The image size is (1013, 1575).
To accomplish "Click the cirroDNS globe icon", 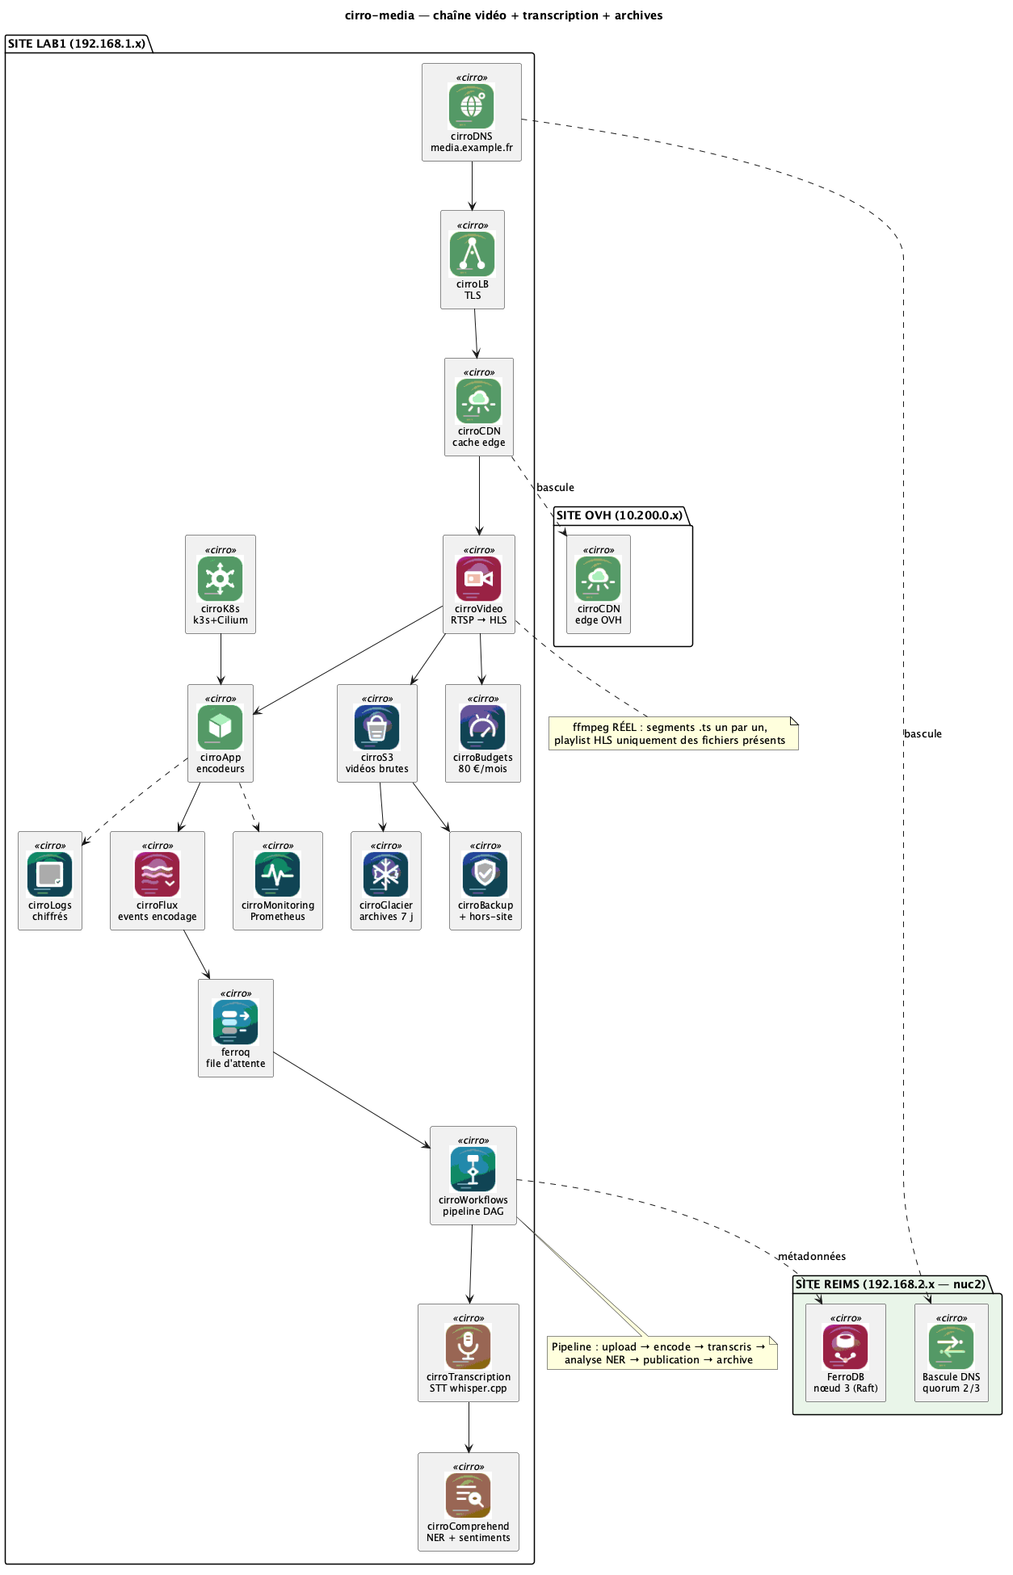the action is pos(472,106).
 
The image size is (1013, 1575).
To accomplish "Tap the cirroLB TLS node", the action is pos(473,259).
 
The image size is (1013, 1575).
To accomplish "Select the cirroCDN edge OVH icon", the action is pos(599,578).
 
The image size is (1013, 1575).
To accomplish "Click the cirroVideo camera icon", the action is pos(479,578).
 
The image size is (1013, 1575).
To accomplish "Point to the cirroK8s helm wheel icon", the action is pos(221,578).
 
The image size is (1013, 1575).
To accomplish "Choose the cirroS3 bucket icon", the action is pos(377,727).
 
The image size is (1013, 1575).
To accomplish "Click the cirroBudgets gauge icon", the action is pos(483,727).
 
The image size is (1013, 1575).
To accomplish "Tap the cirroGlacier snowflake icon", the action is pos(386,875).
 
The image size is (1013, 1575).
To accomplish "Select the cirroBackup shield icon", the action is pos(485,875).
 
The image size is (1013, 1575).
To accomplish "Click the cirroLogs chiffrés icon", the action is pos(50,875).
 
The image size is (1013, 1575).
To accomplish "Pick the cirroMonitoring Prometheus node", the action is pos(278,880).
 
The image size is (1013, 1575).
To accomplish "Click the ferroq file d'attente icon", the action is pos(236,1022).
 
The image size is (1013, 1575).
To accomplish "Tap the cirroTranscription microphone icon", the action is pos(469,1346).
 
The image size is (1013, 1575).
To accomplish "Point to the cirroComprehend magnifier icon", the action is pos(469,1495).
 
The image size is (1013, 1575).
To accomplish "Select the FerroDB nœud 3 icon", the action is pos(846,1346).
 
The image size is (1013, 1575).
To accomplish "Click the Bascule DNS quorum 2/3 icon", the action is pos(952,1346).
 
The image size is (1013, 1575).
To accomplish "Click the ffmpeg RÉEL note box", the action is pos(674,733).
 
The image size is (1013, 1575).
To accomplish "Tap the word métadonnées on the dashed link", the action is pos(812,1256).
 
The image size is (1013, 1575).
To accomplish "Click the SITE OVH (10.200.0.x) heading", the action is pos(620,515).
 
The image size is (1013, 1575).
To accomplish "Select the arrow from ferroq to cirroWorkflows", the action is pos(352,1099).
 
